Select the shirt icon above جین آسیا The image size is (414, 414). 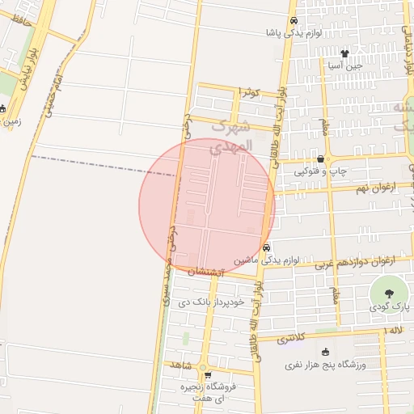pos(344,53)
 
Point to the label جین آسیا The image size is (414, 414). pos(344,65)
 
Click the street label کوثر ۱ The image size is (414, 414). pos(247,93)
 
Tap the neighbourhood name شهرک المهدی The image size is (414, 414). pos(231,137)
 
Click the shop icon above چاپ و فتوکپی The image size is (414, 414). pos(322,159)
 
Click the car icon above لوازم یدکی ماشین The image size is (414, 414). pos(268,247)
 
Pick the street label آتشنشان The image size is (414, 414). pos(209,273)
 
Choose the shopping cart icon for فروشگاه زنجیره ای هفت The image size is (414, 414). pos(208,375)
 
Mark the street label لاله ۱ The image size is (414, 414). pos(394,332)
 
